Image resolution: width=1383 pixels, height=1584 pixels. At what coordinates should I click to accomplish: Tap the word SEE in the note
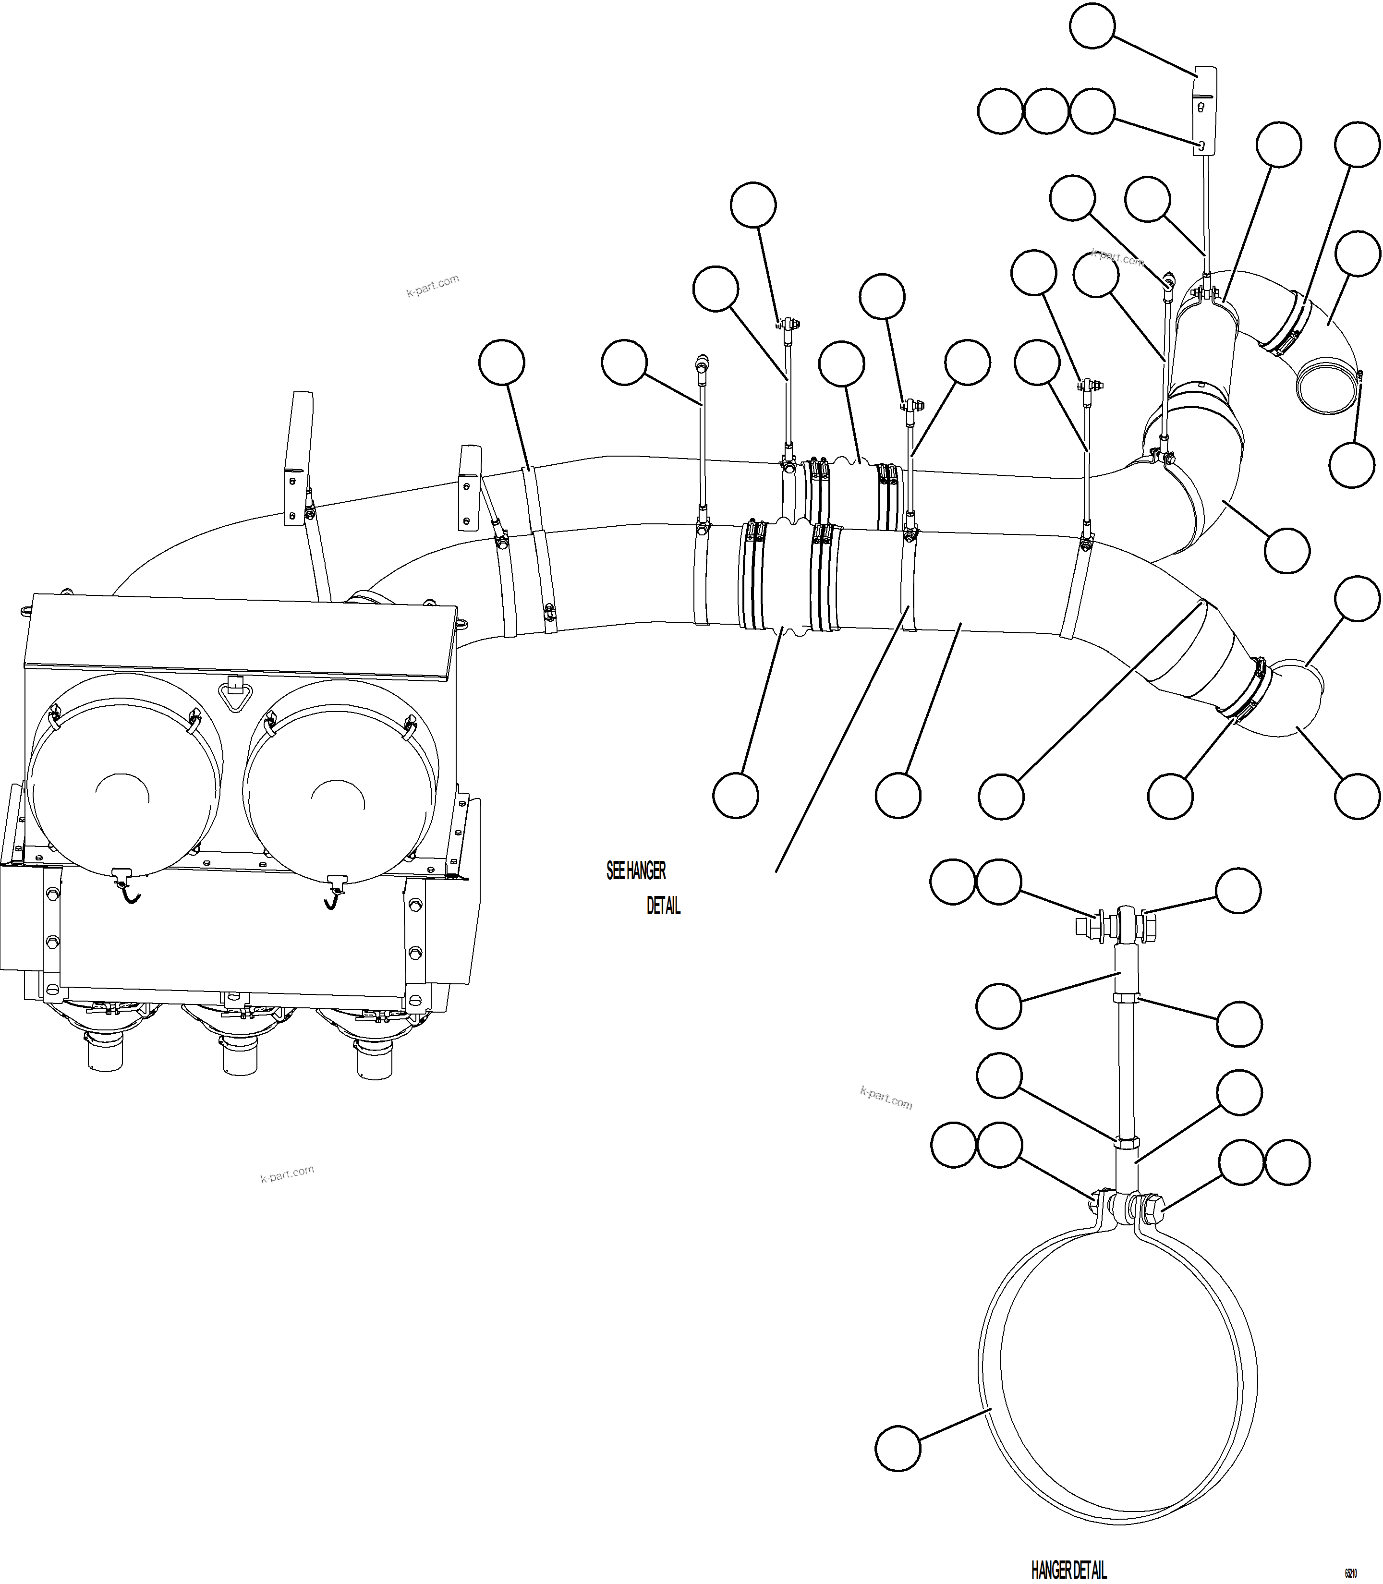(x=615, y=871)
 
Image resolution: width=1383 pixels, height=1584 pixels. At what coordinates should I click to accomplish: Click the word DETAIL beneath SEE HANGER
(x=664, y=907)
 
